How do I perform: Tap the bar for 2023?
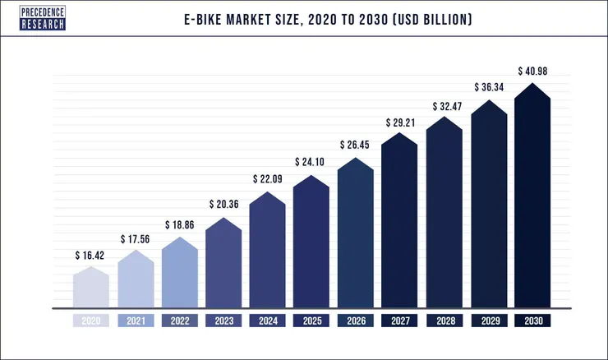coord(223,263)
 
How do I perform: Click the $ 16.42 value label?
coord(91,255)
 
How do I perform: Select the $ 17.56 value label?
coord(136,239)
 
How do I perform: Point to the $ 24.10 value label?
coord(311,162)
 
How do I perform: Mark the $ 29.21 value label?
coord(399,122)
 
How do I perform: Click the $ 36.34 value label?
coord(488,87)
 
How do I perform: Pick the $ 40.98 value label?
coord(532,72)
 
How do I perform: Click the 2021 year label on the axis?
coord(136,321)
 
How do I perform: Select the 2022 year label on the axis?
coord(179,321)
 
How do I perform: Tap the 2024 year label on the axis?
coord(267,321)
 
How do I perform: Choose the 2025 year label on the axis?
coord(311,321)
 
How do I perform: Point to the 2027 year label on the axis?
coord(399,321)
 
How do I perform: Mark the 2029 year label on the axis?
coord(488,321)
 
